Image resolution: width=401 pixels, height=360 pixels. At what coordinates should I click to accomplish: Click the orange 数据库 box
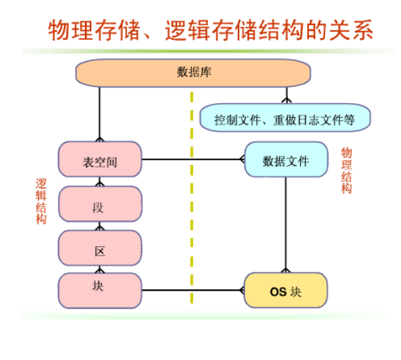coord(193,73)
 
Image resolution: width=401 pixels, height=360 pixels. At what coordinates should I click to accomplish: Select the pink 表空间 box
coord(100,159)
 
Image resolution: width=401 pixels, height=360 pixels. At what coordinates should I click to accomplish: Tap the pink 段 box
coord(100,204)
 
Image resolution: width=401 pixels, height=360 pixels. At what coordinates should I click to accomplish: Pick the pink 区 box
coord(100,248)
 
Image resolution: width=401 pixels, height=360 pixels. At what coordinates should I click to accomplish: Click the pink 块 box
coord(100,291)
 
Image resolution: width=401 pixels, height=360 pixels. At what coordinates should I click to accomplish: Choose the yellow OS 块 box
coord(286,291)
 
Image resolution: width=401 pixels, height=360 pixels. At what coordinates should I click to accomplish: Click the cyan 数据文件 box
coord(286,159)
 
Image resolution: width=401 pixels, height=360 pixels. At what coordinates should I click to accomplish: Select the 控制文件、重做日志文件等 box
coord(285,118)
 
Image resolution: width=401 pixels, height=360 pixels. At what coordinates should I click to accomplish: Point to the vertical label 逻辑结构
coord(41,201)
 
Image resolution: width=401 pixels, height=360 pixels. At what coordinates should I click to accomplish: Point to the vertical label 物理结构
coord(346,171)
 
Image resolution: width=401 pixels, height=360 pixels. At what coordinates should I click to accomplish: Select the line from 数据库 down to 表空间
coord(100,114)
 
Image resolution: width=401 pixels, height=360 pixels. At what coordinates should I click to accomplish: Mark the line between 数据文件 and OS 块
coord(286,225)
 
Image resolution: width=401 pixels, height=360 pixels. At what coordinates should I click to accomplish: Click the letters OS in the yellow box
coord(278,292)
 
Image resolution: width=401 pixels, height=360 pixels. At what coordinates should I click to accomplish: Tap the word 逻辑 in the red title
coord(188,30)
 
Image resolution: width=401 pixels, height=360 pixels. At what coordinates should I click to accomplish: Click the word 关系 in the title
coord(351,30)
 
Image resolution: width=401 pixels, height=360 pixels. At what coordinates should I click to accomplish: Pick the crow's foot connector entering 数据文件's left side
coord(242,159)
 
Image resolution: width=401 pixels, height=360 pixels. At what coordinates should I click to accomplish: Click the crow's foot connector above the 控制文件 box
coord(287,100)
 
